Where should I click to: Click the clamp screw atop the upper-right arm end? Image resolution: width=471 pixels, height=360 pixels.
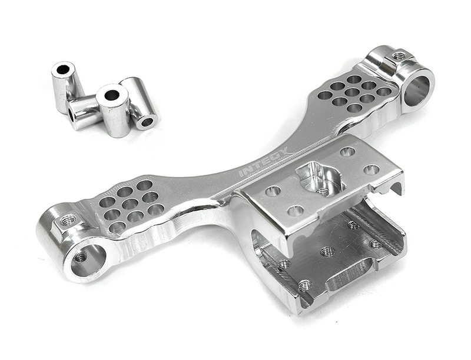(399, 56)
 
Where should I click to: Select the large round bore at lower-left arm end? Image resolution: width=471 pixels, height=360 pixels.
(89, 259)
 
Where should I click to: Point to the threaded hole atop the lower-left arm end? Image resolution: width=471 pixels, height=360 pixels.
(68, 221)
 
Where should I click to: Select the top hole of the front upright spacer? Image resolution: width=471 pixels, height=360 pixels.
(111, 95)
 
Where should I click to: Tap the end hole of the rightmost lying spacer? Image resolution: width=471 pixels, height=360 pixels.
(147, 122)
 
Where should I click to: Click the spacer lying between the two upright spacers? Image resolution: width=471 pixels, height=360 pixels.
(82, 112)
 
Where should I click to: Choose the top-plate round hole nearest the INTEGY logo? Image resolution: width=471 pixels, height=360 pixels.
(273, 191)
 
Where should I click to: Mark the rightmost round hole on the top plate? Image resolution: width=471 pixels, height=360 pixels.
(371, 169)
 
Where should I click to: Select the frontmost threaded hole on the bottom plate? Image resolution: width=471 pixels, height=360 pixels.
(304, 285)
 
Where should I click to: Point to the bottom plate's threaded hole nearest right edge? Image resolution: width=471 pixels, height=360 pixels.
(375, 243)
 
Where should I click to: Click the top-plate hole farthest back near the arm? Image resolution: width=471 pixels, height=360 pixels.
(347, 152)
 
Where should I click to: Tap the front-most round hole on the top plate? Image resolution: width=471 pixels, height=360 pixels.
(296, 210)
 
